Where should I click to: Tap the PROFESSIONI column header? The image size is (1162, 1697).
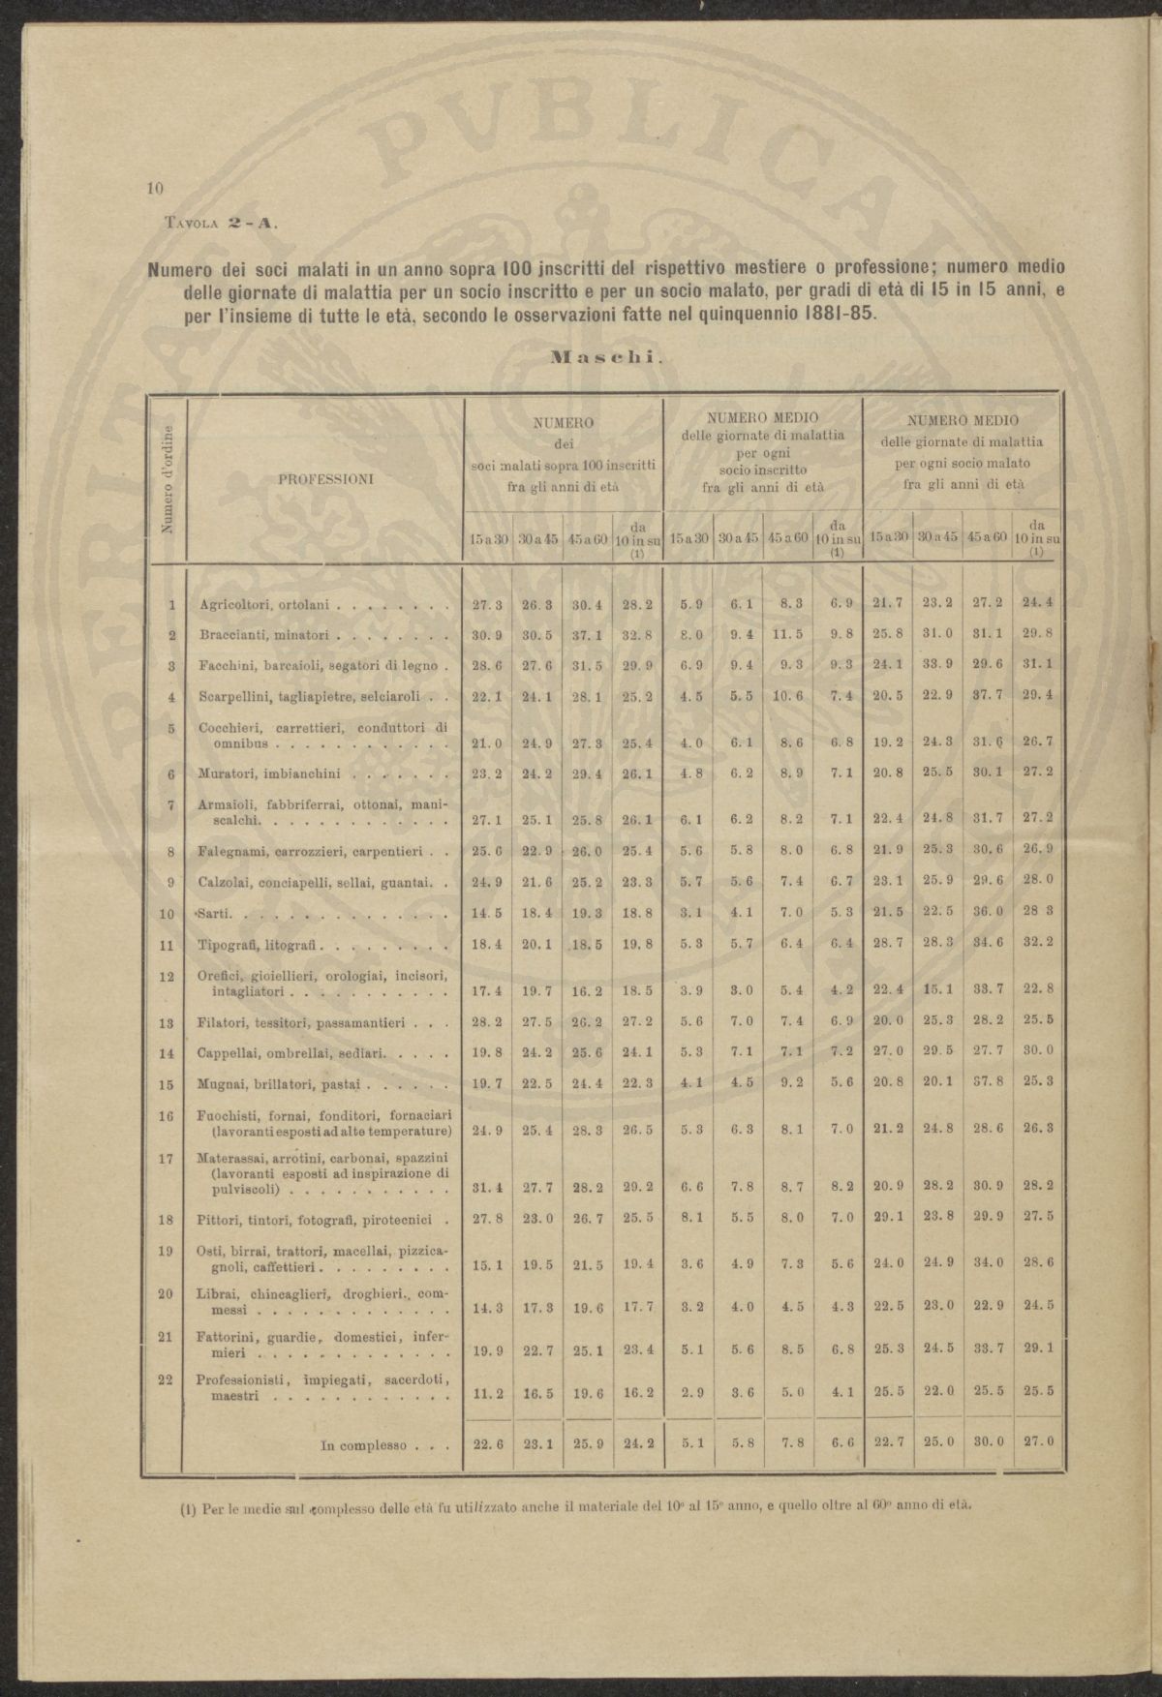click(324, 477)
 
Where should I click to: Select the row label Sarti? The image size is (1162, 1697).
click(219, 913)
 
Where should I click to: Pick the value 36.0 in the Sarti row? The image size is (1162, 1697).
click(986, 913)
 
